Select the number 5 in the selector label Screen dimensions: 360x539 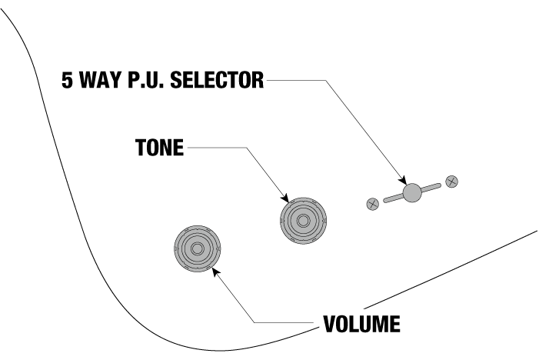[x=68, y=81]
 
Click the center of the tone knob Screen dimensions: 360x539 [x=303, y=221]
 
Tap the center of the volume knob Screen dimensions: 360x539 [x=197, y=248]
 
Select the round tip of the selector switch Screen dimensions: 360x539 [x=412, y=193]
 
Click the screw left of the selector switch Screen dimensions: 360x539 [x=372, y=204]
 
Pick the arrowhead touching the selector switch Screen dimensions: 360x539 [x=401, y=182]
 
